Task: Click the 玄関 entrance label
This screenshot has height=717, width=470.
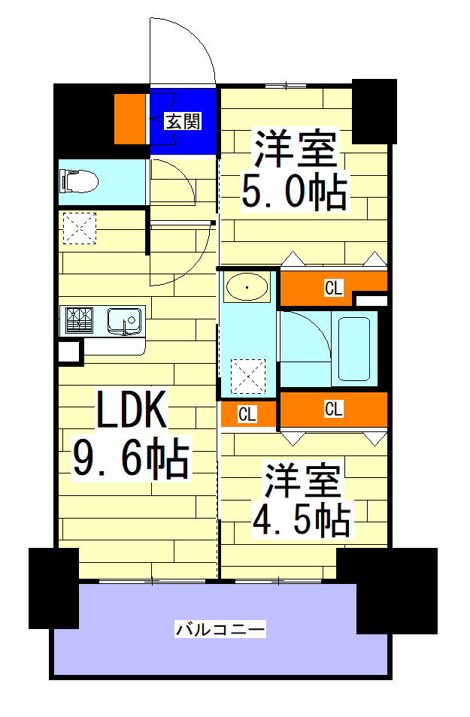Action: (183, 121)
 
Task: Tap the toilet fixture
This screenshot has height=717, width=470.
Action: (79, 181)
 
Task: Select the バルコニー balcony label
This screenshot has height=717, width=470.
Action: (220, 628)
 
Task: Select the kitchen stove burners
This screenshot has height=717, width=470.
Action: (78, 320)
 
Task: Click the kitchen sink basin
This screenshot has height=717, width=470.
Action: (124, 321)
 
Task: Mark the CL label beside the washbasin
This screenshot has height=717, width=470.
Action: (333, 286)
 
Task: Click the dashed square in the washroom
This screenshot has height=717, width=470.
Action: (248, 376)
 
